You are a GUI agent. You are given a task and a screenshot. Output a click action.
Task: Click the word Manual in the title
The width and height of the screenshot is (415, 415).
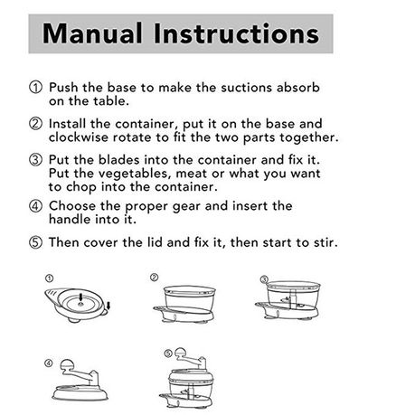[92, 33]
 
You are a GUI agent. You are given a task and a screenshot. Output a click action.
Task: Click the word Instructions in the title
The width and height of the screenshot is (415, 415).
[236, 33]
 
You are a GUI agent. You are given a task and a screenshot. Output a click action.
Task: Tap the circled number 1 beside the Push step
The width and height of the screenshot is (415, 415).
[35, 88]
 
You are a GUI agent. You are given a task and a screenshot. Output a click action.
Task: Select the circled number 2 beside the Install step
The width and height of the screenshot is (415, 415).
[35, 124]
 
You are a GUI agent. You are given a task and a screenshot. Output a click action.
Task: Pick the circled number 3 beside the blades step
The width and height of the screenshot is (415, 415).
[35, 160]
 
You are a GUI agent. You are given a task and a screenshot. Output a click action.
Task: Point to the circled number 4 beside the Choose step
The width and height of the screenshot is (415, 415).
[35, 206]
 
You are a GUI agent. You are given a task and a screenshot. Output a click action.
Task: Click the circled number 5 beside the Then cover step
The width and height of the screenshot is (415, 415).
[35, 242]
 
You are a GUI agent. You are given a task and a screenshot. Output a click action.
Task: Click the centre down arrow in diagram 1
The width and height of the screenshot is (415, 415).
[80, 297]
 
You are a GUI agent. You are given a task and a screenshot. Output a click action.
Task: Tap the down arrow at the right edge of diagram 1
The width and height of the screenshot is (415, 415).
[108, 306]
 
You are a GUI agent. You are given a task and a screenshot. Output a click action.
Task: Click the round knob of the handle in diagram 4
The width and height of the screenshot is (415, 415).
[67, 365]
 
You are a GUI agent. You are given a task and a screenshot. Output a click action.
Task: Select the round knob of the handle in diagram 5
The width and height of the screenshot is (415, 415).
[180, 353]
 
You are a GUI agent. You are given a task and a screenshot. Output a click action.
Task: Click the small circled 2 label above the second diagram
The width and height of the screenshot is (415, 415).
[154, 278]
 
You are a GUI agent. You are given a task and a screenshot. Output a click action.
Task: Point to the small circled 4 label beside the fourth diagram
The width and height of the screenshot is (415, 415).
[49, 363]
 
